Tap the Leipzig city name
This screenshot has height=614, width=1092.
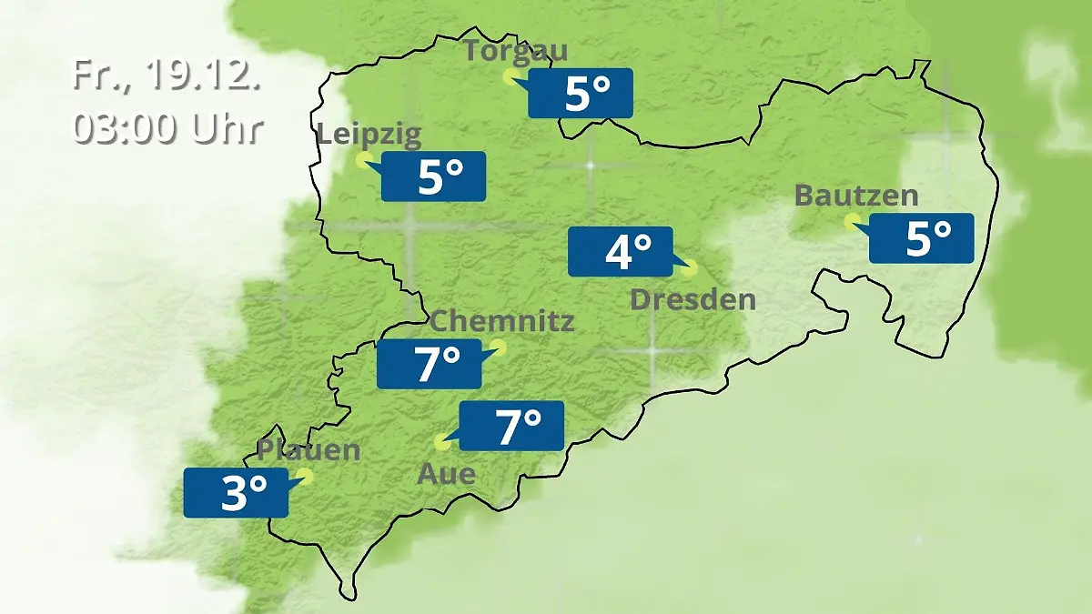pos(369,136)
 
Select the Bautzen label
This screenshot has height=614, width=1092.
pos(856,196)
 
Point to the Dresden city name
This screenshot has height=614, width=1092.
pos(693,299)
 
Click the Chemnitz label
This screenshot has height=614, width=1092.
pos(502,321)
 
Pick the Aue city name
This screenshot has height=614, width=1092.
pos(446,474)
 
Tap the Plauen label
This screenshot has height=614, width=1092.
pos(308,450)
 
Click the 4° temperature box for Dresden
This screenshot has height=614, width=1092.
pos(620,251)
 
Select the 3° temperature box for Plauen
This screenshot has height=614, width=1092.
pos(236,493)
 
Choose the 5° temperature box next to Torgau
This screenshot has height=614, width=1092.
pos(581,93)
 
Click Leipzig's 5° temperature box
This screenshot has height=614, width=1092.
pos(433,176)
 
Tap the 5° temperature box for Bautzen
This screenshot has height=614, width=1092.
pos(921,238)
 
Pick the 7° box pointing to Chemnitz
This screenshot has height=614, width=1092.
pos(429,364)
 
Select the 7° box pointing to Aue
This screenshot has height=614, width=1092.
pos(511,426)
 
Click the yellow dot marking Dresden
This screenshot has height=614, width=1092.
pos(690,268)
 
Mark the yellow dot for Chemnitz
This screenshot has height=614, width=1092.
pos(497,346)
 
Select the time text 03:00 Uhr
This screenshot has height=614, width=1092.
pos(167,129)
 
